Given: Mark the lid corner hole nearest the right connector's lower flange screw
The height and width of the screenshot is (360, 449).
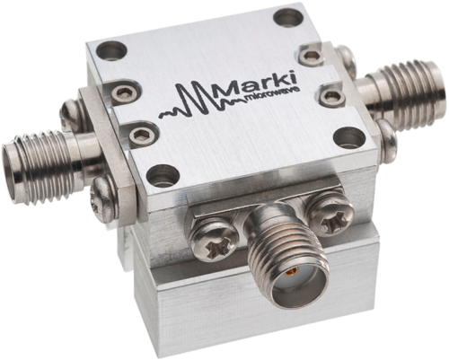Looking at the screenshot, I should tap(348, 137).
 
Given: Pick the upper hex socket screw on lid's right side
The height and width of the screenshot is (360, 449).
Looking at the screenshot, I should tap(311, 56).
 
